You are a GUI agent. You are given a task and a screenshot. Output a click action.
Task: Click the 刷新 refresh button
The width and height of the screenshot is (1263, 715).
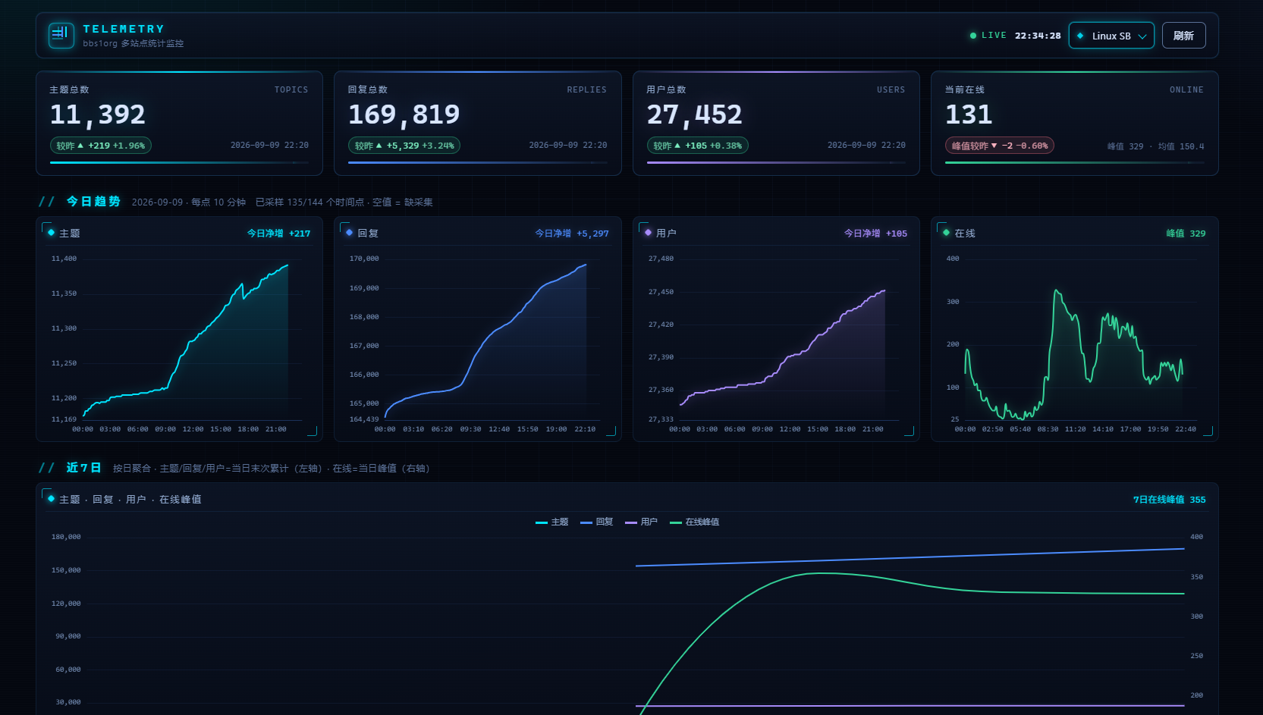[1183, 36]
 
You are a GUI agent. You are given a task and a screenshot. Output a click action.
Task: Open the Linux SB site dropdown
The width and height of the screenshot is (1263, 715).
[1111, 36]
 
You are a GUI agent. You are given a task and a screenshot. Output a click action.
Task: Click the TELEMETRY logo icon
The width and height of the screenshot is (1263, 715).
[61, 35]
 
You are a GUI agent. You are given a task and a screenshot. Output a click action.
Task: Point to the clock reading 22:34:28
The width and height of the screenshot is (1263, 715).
[1038, 36]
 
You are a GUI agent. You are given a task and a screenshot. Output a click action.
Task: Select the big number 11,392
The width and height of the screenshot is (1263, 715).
[98, 114]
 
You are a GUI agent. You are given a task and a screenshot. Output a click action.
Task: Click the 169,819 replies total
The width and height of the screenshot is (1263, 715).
[404, 114]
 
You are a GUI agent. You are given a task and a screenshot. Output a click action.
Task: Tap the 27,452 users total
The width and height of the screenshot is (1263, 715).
[694, 114]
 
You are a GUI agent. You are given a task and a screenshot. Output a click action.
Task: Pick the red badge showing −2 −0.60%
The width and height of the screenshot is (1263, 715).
[999, 146]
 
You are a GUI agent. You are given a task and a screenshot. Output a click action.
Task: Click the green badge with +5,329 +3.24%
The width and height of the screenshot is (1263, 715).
[404, 146]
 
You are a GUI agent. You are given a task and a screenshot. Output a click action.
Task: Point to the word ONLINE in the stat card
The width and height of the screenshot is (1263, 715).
[1186, 89]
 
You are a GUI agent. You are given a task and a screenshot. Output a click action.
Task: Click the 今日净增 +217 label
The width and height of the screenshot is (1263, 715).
[278, 234]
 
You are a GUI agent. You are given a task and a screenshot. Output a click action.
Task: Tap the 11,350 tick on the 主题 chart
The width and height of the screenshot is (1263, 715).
[64, 293]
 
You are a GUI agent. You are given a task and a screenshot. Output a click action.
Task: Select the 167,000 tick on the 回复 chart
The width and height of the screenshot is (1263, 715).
[363, 346]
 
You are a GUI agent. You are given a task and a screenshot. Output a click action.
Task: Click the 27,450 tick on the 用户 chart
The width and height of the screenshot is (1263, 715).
[661, 292]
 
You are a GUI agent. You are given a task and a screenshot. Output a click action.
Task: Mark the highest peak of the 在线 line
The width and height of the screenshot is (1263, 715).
[1056, 290]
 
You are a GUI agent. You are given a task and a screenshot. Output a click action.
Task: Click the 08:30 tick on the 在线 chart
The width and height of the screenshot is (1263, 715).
[1048, 429]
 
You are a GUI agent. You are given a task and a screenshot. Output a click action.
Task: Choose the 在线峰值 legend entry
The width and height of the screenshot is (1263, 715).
[694, 522]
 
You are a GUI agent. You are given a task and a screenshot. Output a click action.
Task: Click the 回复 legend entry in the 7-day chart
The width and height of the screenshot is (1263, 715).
[596, 522]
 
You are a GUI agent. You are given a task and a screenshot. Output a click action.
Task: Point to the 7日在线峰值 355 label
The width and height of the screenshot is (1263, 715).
[1170, 500]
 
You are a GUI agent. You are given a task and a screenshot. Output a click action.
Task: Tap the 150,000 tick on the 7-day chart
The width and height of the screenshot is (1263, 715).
[66, 570]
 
